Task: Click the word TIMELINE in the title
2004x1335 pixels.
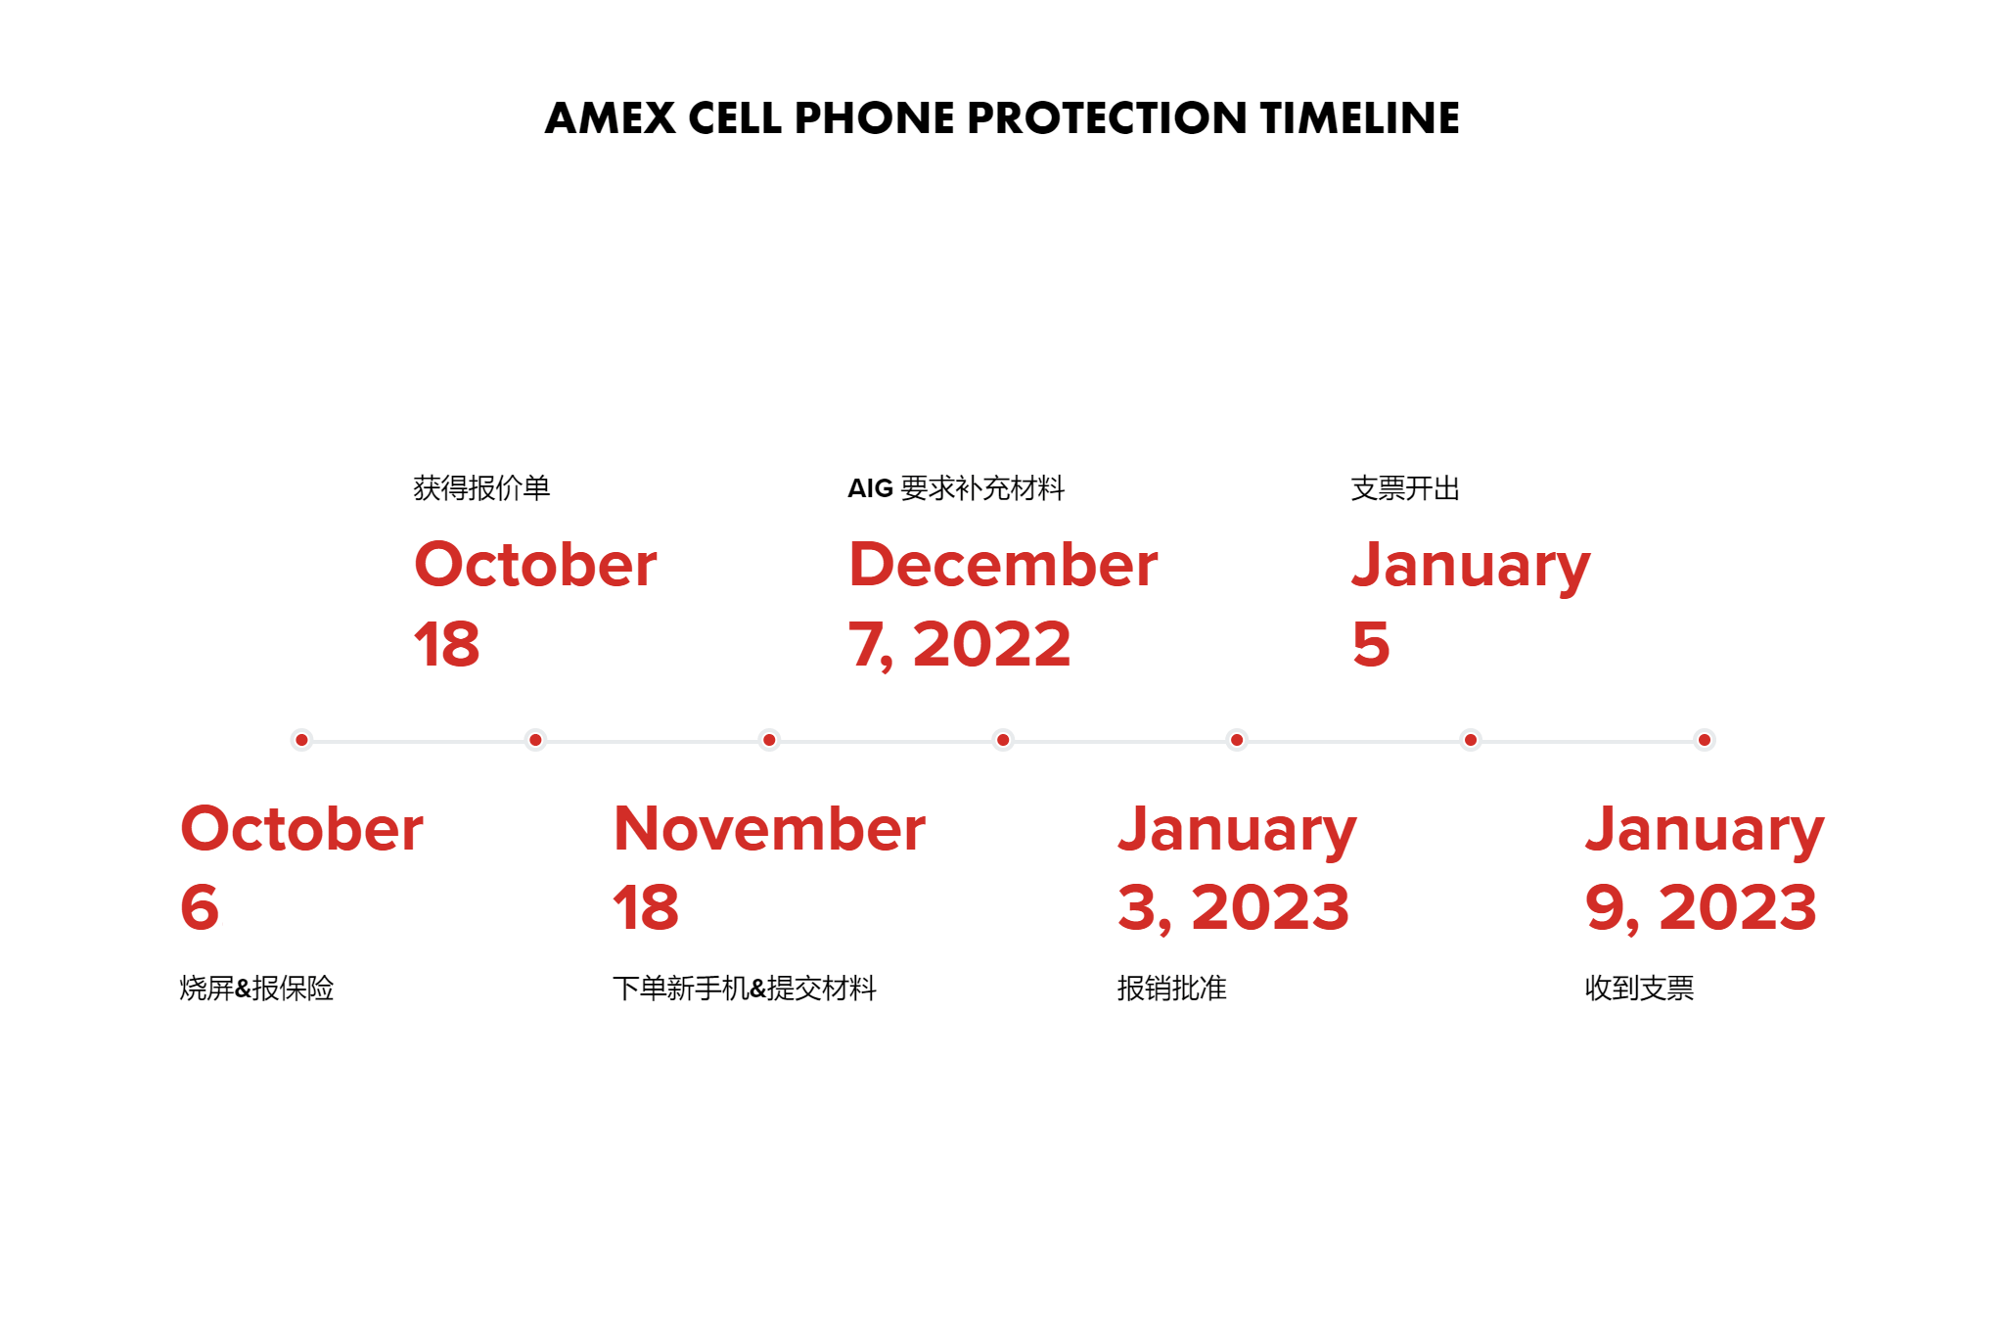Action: [1359, 118]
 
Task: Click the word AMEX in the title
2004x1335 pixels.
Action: [610, 118]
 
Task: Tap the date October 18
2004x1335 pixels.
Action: [535, 603]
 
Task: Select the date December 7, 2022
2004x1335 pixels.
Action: [1003, 603]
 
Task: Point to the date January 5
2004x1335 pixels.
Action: [1471, 603]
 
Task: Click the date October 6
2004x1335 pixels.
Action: [301, 867]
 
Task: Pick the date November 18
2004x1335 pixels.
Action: [769, 867]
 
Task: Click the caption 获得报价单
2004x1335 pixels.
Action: [481, 487]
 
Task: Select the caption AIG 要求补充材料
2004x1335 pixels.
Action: [956, 487]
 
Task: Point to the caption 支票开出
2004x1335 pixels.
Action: [1405, 487]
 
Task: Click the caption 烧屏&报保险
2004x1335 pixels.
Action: [256, 988]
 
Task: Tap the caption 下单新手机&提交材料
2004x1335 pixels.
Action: [745, 988]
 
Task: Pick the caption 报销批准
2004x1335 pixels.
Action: [1171, 988]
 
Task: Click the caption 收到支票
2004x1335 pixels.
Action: [1639, 988]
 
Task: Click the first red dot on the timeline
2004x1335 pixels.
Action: [301, 740]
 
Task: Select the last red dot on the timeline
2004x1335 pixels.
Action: [1705, 740]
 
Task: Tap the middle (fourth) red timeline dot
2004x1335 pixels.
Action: [1003, 740]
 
